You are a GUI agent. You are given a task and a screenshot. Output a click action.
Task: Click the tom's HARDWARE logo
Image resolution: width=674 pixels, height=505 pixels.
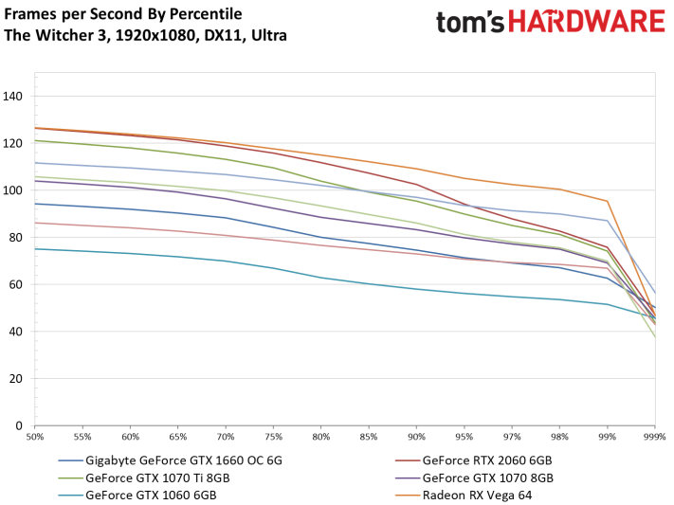click(550, 24)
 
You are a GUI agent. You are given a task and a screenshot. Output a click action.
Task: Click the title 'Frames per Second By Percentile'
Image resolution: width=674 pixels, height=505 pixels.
click(123, 14)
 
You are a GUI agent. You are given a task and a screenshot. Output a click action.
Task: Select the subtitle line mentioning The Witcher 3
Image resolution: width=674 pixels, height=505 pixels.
click(145, 35)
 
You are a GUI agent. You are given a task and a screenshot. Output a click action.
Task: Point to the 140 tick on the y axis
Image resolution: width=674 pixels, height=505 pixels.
click(14, 96)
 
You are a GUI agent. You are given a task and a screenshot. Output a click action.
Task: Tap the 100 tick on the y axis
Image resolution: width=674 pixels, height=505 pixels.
click(14, 190)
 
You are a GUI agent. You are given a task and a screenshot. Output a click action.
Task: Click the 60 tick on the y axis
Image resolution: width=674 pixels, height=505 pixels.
click(17, 284)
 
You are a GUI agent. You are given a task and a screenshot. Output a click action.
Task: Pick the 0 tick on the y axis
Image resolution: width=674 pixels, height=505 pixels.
click(20, 425)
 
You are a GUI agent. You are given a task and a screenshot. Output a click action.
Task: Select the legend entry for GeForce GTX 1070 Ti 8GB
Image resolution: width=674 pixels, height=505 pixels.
click(157, 478)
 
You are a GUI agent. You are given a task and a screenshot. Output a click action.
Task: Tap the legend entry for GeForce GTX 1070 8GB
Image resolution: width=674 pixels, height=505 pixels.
click(487, 478)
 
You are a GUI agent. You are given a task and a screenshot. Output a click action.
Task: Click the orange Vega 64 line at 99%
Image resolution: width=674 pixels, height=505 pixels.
click(607, 201)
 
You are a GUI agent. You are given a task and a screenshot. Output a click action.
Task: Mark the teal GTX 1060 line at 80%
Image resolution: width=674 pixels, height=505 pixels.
click(321, 278)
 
